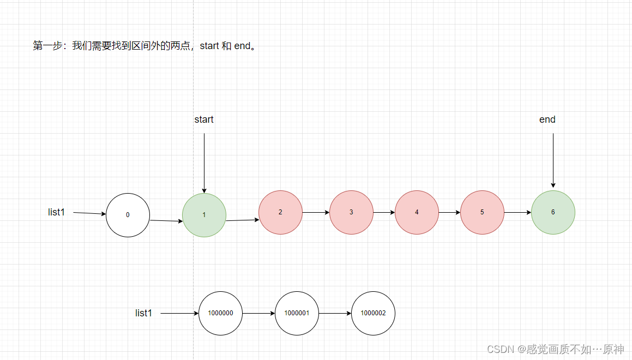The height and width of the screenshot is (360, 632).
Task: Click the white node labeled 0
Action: [x=128, y=215]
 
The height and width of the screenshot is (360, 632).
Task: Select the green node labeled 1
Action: [x=204, y=215]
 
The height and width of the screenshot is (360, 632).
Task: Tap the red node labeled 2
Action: [x=280, y=212]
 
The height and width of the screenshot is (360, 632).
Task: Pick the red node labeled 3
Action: [x=351, y=212]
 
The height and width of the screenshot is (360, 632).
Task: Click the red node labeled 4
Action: [x=417, y=212]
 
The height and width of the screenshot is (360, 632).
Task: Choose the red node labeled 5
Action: [x=482, y=212]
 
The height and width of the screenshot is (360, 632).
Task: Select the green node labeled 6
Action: [x=553, y=212]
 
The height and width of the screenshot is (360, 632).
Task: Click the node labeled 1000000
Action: [x=220, y=314]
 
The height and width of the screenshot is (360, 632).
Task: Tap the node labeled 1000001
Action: [x=297, y=314]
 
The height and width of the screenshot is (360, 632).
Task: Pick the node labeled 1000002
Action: [x=373, y=314]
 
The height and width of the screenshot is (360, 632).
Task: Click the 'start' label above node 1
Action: [x=204, y=119]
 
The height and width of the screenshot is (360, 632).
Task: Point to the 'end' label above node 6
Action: [x=547, y=119]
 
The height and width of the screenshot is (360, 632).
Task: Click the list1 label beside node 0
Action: [x=56, y=212]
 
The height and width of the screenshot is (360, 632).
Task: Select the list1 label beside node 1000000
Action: [x=143, y=313]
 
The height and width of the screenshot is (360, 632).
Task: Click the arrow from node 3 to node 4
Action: [x=384, y=212]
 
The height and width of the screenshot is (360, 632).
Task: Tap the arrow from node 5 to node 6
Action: [x=517, y=212]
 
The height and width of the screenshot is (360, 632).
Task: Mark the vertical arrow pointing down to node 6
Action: [x=553, y=161]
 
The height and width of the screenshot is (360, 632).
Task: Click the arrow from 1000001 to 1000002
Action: [x=335, y=314]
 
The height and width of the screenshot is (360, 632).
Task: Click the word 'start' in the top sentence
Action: [x=209, y=46]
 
